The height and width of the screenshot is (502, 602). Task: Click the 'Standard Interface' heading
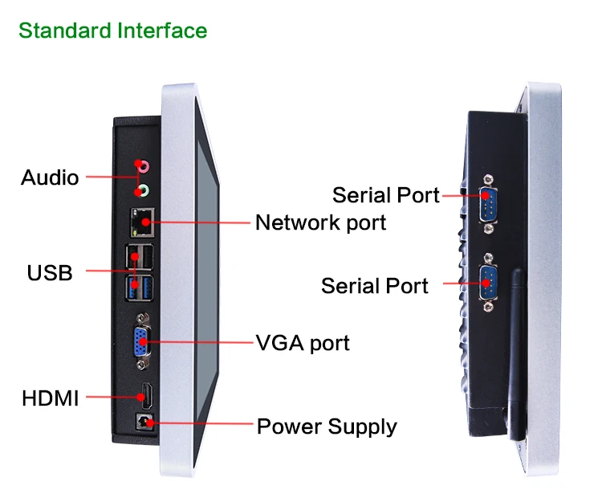click(x=113, y=31)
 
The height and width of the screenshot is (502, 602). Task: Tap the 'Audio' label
click(x=50, y=178)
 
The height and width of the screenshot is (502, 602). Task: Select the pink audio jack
click(x=143, y=166)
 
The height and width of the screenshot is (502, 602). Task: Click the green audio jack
click(x=142, y=190)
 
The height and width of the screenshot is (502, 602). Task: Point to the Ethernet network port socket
click(x=142, y=222)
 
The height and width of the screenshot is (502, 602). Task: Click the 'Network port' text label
click(x=320, y=222)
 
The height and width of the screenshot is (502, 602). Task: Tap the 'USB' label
click(x=50, y=273)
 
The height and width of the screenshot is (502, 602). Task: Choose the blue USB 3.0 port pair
click(x=140, y=288)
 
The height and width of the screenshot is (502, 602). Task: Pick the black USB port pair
click(x=140, y=256)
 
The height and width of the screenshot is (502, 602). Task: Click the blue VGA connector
click(x=142, y=341)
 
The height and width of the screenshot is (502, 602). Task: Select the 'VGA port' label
click(x=303, y=343)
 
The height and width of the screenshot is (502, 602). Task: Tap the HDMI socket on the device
click(x=147, y=396)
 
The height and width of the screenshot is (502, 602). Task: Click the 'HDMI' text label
click(x=51, y=398)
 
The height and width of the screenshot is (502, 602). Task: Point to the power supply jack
click(x=145, y=422)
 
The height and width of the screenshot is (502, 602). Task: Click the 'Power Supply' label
click(x=327, y=426)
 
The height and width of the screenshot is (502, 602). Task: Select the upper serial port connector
click(x=488, y=204)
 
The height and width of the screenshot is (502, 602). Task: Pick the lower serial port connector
click(x=488, y=282)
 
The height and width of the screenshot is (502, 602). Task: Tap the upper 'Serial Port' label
click(x=386, y=195)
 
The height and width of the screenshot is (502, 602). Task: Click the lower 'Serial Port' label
click(x=375, y=286)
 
